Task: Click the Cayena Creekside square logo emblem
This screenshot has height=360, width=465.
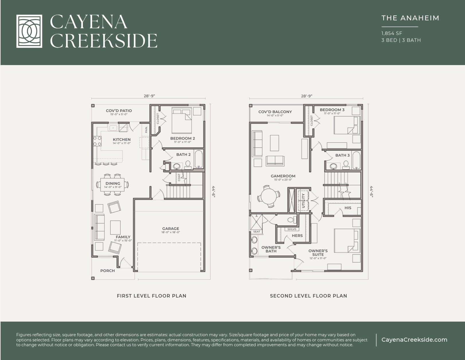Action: point(29,31)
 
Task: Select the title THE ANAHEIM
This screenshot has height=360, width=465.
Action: point(410,18)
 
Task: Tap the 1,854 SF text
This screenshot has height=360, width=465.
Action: point(392,33)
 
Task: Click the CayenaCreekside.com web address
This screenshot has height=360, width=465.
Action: point(414,340)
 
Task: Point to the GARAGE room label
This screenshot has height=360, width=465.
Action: point(171,229)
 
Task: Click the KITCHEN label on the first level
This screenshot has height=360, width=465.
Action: point(122,140)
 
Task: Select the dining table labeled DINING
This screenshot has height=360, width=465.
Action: point(113,185)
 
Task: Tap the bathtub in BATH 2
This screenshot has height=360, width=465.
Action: point(198,159)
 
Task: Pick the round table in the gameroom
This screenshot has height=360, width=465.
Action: point(269,196)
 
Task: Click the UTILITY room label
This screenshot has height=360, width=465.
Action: point(303,200)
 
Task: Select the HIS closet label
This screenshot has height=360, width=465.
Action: point(348,208)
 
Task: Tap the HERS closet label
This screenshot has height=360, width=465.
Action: point(297,236)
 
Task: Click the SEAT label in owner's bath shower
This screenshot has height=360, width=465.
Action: point(257,232)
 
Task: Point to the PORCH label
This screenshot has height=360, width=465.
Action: point(108,271)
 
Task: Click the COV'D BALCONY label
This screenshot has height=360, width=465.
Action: point(275,112)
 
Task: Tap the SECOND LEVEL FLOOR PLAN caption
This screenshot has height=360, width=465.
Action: point(308,296)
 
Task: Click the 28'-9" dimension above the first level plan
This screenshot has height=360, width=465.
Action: point(150,96)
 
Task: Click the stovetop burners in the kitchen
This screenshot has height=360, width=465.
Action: point(97,141)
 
